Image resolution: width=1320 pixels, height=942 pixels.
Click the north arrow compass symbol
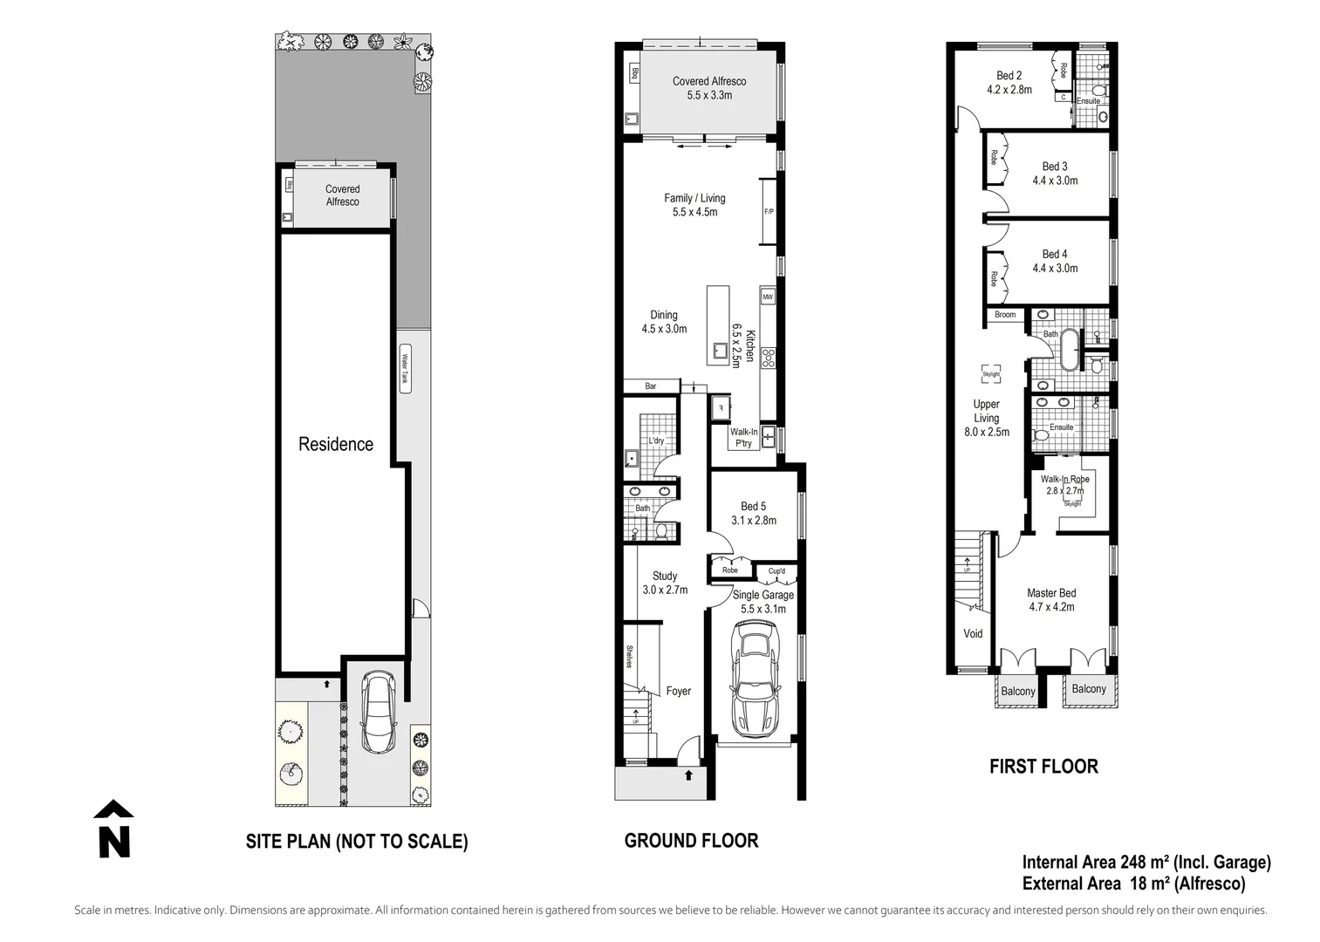[113, 829]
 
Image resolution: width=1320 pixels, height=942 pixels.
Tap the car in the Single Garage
[755, 681]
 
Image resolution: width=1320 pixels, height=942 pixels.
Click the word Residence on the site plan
[336, 444]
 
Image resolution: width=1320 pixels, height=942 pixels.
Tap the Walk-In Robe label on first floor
[1064, 479]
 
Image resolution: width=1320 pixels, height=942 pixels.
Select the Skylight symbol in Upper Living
[990, 373]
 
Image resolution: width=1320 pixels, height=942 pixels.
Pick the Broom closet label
[1005, 315]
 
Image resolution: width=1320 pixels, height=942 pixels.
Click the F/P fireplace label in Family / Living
[769, 212]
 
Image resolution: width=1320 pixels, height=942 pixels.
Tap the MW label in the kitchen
[768, 297]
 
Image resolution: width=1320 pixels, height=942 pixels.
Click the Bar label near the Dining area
[651, 386]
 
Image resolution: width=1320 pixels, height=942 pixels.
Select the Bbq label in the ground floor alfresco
[634, 74]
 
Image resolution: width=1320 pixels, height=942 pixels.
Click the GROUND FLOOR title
[691, 841]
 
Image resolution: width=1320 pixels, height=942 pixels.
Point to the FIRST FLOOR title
[1043, 767]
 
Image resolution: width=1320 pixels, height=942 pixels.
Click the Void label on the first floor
[973, 633]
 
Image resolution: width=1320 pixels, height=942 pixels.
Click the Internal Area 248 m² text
[1146, 863]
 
